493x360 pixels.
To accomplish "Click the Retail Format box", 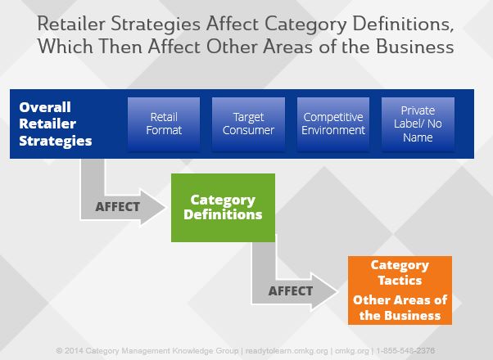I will [164, 124].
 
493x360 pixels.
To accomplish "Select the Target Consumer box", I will [248, 124].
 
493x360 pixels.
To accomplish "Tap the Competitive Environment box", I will [333, 124].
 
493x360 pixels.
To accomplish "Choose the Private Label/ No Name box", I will [418, 124].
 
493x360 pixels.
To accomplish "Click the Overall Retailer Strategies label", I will [56, 124].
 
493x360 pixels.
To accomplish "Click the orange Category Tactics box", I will [400, 290].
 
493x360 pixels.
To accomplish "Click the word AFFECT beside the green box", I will [118, 207].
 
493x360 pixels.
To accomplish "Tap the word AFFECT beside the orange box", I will [291, 290].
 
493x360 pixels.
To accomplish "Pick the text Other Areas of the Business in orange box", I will [400, 307].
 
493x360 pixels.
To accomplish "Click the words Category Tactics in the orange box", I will [400, 272].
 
